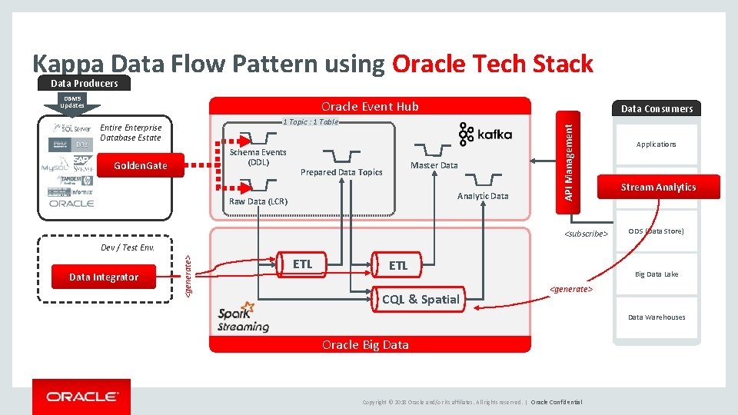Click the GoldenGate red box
click(x=139, y=165)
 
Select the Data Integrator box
click(x=104, y=277)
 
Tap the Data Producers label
click(x=84, y=83)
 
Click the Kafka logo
click(x=485, y=134)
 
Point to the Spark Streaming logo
click(x=243, y=317)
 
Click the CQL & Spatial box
click(x=420, y=299)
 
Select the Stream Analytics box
click(x=658, y=187)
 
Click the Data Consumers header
click(x=657, y=108)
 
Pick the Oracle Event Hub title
click(x=370, y=106)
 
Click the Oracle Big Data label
click(x=365, y=344)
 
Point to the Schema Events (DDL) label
click(x=258, y=157)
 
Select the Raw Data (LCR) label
click(x=258, y=201)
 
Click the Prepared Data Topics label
click(x=341, y=172)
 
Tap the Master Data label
click(x=434, y=165)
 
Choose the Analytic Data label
click(x=483, y=196)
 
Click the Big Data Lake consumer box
click(x=656, y=274)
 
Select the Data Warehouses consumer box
click(x=656, y=317)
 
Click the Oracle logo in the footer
click(x=81, y=397)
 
